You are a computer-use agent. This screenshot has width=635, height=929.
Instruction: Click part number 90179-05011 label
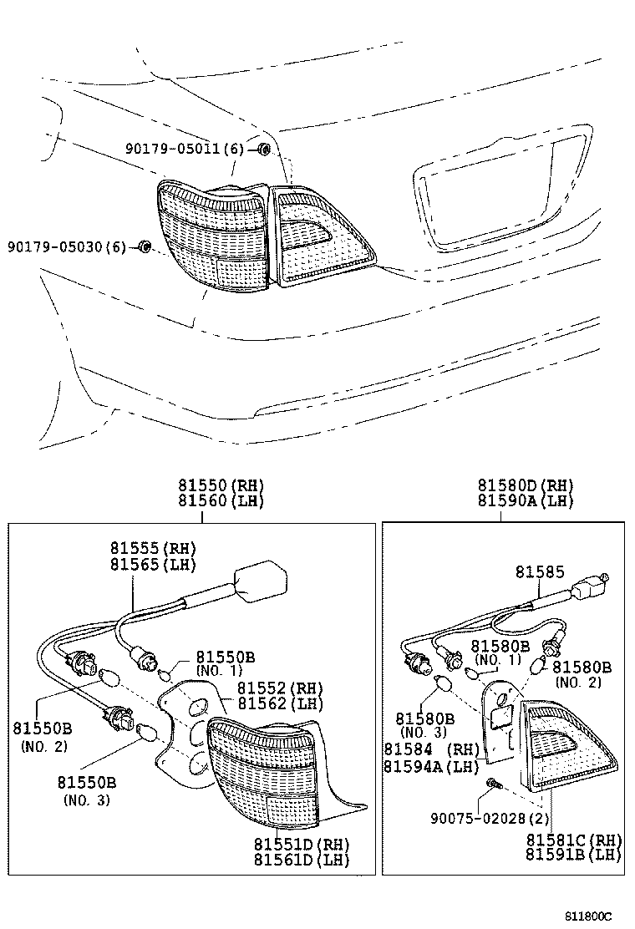pyautogui.click(x=184, y=149)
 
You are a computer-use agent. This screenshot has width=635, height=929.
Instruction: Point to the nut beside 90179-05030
pyautogui.click(x=143, y=246)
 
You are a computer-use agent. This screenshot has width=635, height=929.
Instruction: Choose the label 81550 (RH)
pyautogui.click(x=220, y=485)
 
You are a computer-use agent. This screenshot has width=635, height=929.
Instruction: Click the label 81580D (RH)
pyautogui.click(x=526, y=485)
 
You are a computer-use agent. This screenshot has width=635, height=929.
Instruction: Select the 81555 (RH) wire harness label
pyautogui.click(x=152, y=549)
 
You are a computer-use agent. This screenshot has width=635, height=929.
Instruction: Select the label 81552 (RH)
pyautogui.click(x=278, y=688)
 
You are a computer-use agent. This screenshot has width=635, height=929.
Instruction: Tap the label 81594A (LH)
pyautogui.click(x=429, y=766)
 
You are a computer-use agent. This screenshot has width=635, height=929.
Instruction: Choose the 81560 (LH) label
pyautogui.click(x=220, y=501)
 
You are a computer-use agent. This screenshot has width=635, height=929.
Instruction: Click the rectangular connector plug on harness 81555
pyautogui.click(x=262, y=578)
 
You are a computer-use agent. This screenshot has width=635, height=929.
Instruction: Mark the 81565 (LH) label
pyautogui.click(x=152, y=565)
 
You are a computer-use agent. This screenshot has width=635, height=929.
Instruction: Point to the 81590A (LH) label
pyautogui.click(x=526, y=501)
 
